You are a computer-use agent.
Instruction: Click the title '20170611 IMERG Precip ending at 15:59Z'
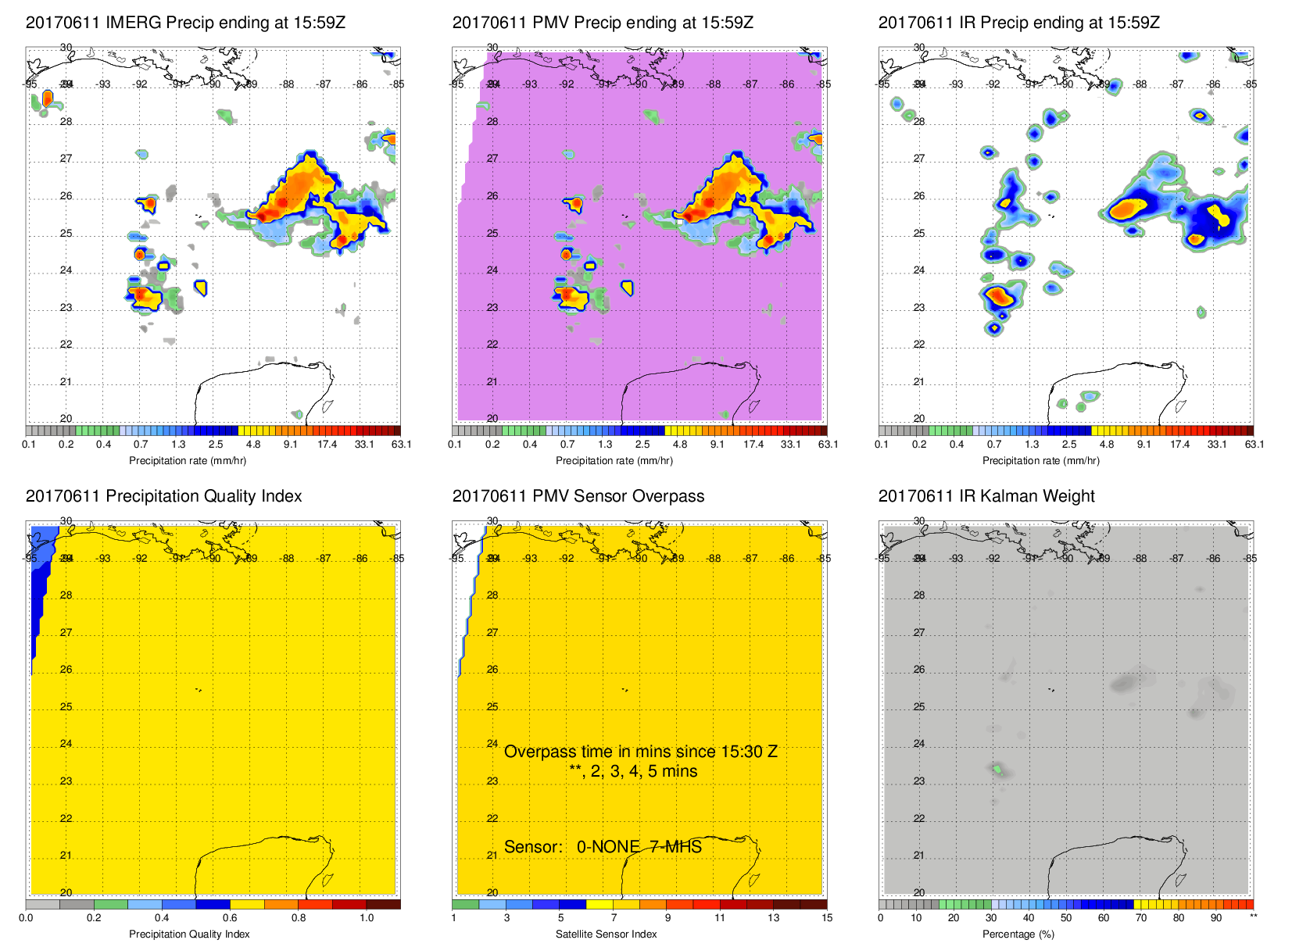185,23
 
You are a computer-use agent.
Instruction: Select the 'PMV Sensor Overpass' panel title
578,496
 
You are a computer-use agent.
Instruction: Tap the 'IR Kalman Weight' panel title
986,496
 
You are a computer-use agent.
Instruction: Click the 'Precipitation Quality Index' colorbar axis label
189,934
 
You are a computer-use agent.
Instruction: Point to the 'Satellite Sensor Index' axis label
606,934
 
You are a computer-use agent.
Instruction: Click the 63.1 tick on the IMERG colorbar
401,445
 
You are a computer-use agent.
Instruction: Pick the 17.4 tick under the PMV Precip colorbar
753,445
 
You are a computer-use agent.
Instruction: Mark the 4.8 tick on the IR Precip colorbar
1107,445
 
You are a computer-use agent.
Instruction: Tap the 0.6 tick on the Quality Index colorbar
230,918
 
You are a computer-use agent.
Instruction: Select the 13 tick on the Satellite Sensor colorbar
773,918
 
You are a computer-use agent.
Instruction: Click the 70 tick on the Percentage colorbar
1140,918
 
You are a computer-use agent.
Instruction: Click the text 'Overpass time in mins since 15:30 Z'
640,752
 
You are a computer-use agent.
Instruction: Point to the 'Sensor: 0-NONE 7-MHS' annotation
603,847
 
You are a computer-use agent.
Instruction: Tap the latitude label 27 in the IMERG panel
66,159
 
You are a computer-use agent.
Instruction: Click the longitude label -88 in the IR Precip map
1140,84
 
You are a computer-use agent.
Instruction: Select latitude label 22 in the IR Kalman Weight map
919,818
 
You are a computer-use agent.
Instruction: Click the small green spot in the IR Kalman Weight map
998,770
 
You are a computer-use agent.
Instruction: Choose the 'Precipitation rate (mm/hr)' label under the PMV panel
614,461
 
